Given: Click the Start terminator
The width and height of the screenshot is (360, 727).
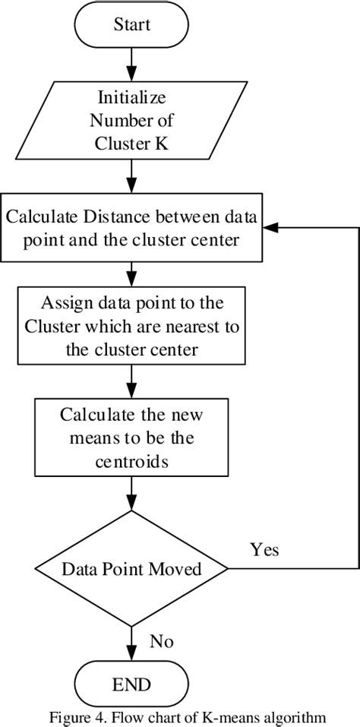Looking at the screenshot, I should click(x=132, y=24).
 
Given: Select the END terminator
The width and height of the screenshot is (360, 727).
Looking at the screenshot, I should click(x=132, y=684).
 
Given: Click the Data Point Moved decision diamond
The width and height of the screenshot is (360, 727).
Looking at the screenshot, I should click(x=132, y=568).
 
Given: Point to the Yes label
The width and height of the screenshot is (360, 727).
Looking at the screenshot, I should click(x=264, y=550).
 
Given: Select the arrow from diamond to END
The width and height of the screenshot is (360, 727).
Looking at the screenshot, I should click(x=132, y=642).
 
